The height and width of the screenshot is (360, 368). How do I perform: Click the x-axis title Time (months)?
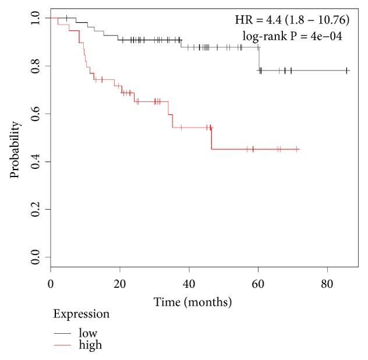[193, 302]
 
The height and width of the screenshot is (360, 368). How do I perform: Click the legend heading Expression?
[82, 315]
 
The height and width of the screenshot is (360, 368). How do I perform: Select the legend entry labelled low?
[88, 333]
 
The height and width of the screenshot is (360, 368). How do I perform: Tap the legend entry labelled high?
[90, 345]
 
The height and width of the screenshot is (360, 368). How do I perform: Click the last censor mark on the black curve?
[346, 70]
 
